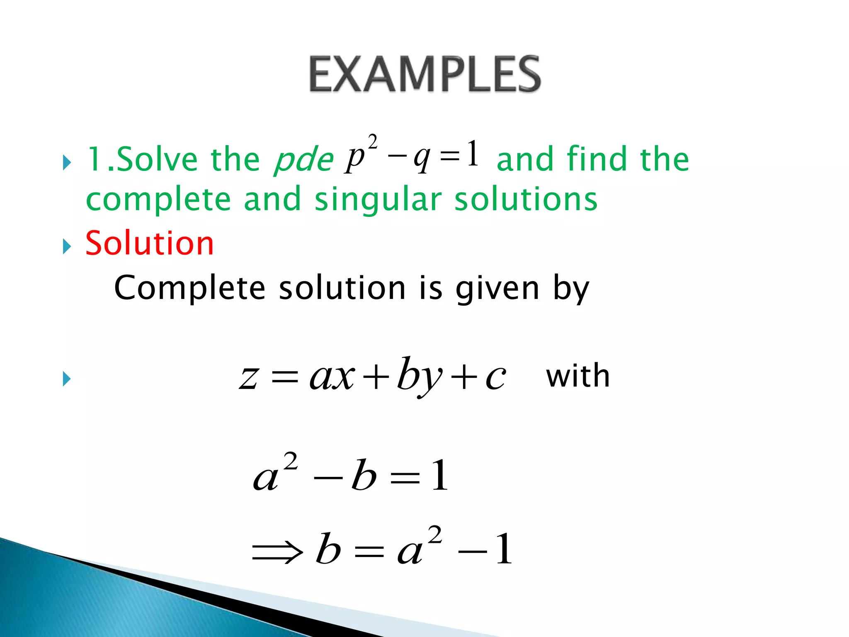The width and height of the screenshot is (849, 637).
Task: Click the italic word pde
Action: click(x=304, y=160)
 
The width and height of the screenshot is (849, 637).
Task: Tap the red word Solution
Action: click(x=150, y=243)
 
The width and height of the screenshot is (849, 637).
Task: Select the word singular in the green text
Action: click(x=378, y=200)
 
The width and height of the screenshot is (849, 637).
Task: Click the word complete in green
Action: click(x=158, y=200)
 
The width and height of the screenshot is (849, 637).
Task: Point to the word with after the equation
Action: click(x=578, y=376)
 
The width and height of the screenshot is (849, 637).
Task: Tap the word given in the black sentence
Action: click(x=497, y=288)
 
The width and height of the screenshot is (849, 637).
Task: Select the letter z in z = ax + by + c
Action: click(x=249, y=378)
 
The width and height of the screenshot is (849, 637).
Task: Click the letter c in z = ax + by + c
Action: click(x=496, y=378)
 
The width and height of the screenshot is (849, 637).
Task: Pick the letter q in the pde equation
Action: click(x=422, y=158)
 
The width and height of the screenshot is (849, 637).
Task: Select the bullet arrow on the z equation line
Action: click(x=67, y=379)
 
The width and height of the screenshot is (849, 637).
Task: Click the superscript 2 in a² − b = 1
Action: click(x=291, y=461)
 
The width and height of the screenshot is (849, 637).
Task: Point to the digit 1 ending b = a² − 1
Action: click(x=504, y=549)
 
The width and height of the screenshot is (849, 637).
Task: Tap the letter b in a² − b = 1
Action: click(x=364, y=476)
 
